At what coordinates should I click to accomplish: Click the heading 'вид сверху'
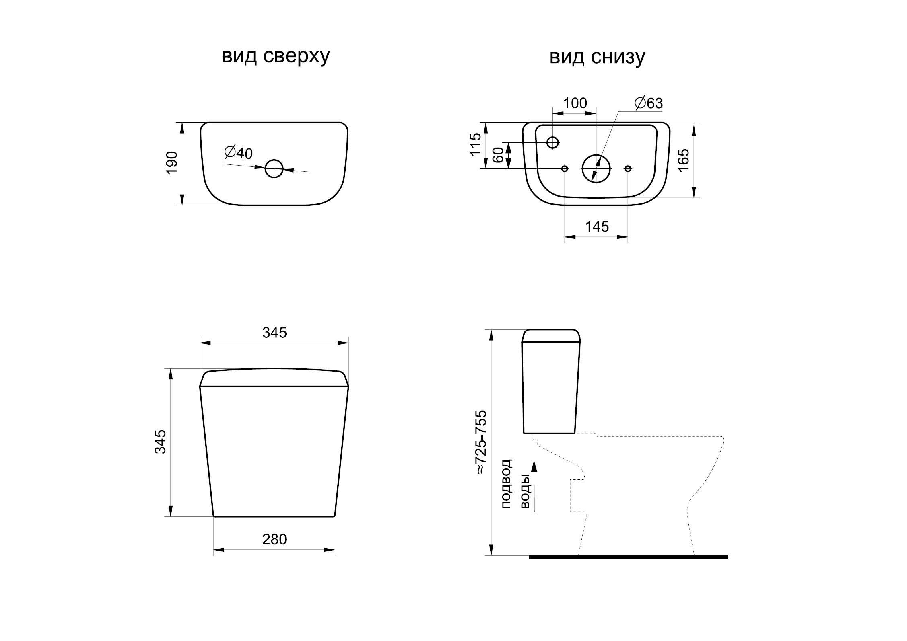(276, 57)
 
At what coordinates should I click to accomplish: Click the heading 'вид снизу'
(597, 57)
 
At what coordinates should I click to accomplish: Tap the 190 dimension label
(172, 162)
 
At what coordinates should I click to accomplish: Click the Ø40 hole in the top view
(274, 169)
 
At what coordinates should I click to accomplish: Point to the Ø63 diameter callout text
(648, 103)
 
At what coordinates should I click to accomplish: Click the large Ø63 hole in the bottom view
(596, 169)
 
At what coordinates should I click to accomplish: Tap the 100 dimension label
(575, 103)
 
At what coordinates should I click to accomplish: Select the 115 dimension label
(476, 144)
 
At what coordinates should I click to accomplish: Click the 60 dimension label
(498, 155)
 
